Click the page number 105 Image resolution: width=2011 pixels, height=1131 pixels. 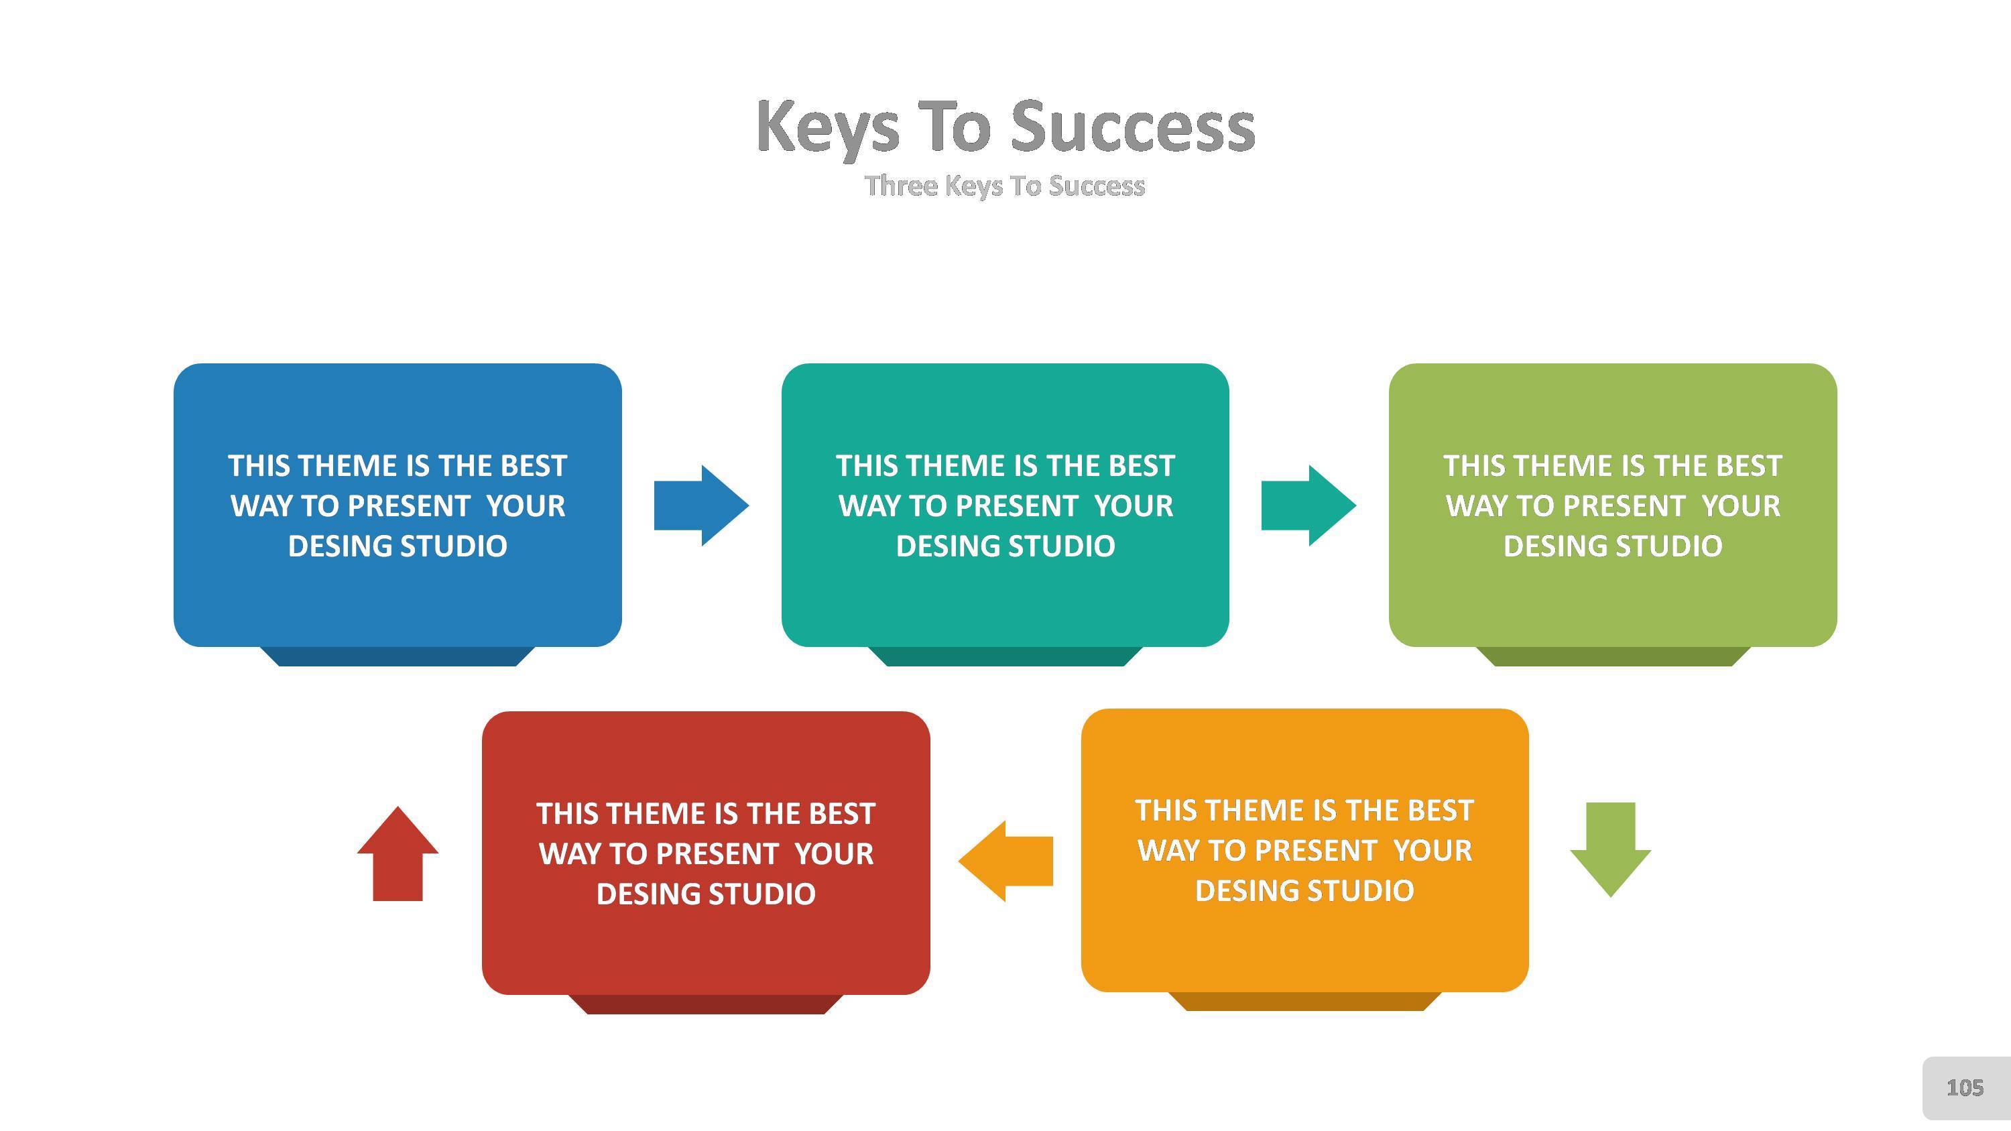point(1964,1088)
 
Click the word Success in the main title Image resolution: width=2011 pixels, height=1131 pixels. point(1133,127)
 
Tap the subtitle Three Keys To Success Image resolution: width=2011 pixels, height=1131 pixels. point(1005,186)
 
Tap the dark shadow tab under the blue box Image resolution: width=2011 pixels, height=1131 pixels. point(398,656)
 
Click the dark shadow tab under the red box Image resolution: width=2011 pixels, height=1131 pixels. point(706,1004)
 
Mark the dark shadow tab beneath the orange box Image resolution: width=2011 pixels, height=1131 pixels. point(1304,1002)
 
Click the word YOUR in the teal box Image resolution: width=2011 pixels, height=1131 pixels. point(1134,505)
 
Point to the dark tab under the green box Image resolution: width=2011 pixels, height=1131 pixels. point(1613,656)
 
